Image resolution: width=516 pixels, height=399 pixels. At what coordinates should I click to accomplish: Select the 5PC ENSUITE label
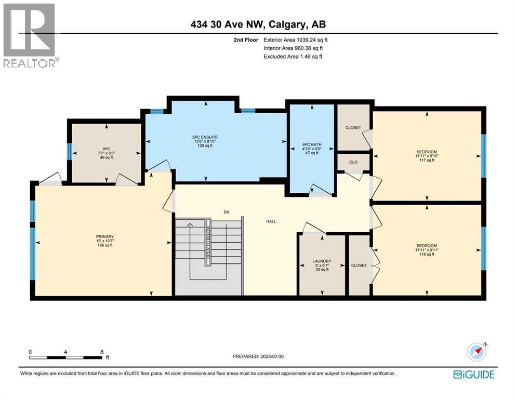pos(206,138)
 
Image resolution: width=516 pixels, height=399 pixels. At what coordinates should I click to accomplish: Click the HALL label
pos(270,221)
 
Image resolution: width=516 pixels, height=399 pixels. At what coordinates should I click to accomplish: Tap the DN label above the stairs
pos(226,211)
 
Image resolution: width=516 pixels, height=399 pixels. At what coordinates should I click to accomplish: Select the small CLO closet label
pos(353,162)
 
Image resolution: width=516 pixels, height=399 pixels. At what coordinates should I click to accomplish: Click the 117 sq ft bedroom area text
pos(427,161)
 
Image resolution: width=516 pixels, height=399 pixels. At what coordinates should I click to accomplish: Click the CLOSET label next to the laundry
pos(359,265)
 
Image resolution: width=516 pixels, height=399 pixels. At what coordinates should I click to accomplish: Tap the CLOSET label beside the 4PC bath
pos(353,128)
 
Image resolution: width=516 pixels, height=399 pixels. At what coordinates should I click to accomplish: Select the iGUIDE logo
pos(473,375)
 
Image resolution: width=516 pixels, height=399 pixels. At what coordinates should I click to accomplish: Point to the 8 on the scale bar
pos(102,352)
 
